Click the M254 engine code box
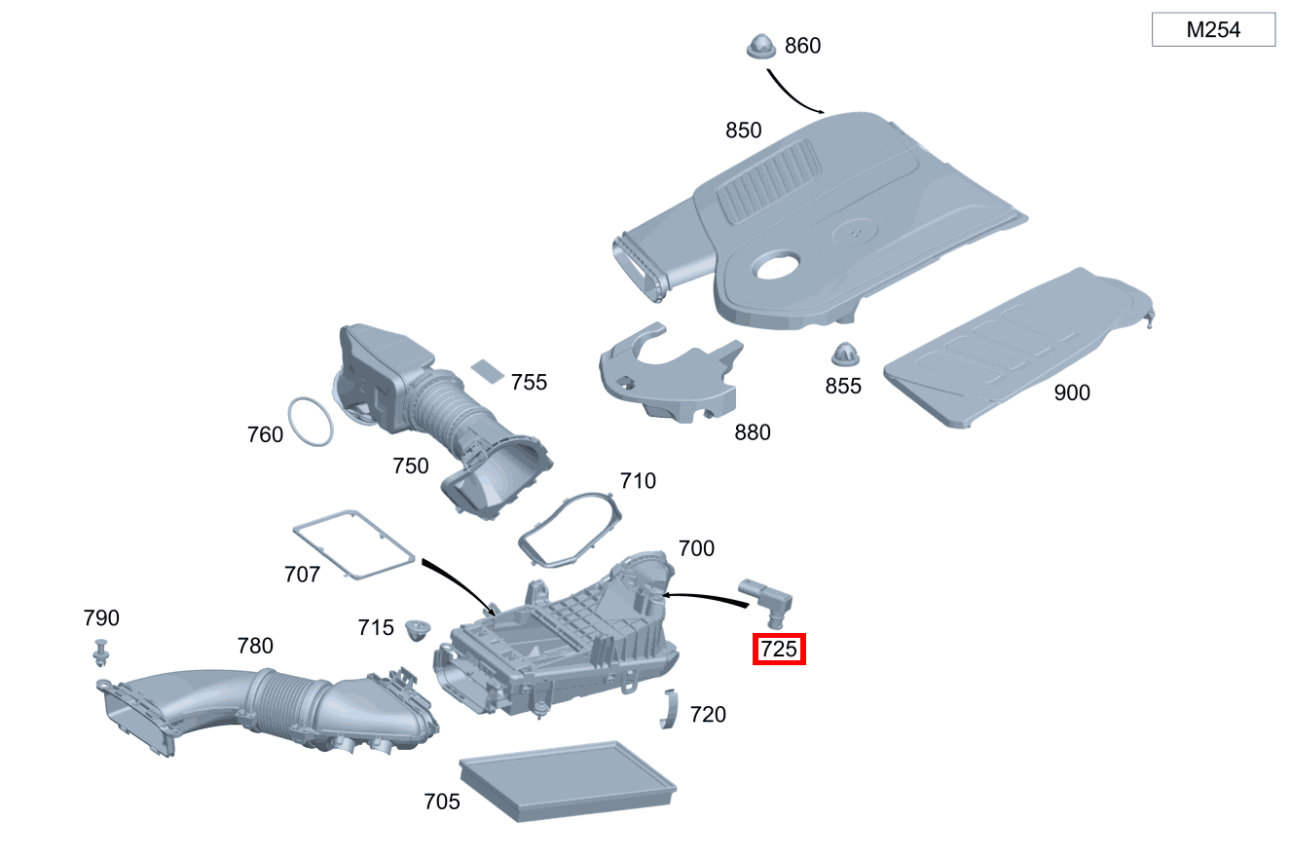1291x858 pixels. [x=1213, y=29]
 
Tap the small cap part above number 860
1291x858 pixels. [x=760, y=46]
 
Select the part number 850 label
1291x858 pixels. [x=743, y=131]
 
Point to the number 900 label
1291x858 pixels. [x=1072, y=392]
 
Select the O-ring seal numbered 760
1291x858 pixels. [x=312, y=422]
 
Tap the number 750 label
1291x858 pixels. [x=410, y=466]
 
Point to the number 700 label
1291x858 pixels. [x=696, y=548]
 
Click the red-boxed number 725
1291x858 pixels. [x=779, y=649]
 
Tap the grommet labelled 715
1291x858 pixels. [x=419, y=628]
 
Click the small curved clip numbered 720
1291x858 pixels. [x=669, y=708]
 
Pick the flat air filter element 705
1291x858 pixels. [x=568, y=779]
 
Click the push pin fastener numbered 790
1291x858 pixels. [x=101, y=652]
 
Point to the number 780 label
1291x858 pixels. [x=255, y=646]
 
